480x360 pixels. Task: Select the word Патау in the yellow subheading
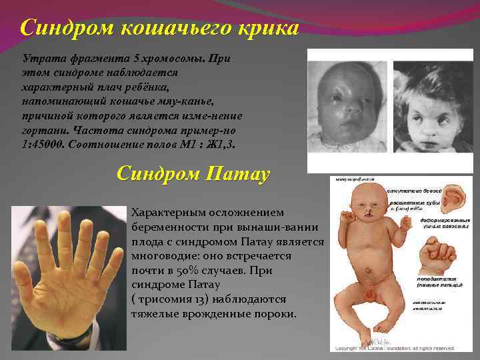coord(237,175)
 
